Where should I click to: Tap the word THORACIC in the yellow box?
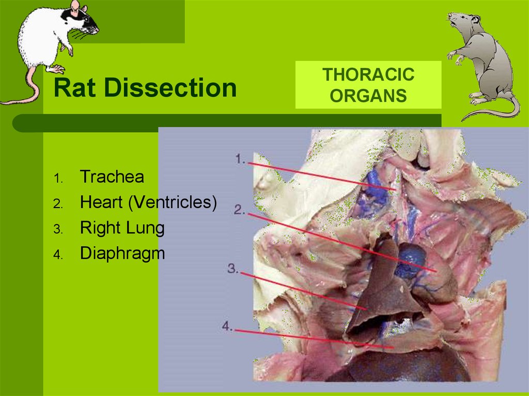[x=368, y=74]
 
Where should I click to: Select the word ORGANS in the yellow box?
[x=368, y=96]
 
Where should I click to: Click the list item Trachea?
[x=112, y=177]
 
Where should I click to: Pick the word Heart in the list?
[x=101, y=202]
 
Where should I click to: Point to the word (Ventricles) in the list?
[x=173, y=202]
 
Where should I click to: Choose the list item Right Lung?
[x=122, y=228]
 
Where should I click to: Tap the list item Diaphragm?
[x=122, y=254]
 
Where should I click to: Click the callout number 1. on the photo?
[x=240, y=159]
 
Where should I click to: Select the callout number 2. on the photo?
[x=239, y=210]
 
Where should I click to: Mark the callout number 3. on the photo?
[x=233, y=268]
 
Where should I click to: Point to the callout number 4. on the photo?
[x=227, y=326]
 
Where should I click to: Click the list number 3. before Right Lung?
[x=58, y=229]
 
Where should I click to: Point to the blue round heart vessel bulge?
[x=410, y=260]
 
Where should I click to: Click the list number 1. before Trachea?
[x=58, y=178]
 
